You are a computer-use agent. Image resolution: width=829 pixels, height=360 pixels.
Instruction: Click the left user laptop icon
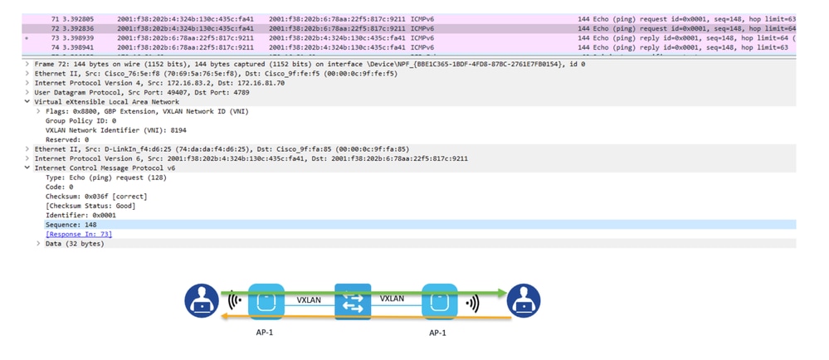tap(201, 301)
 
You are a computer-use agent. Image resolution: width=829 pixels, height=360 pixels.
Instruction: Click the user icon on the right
tap(524, 301)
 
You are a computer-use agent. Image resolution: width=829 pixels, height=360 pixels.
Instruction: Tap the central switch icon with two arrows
tap(353, 302)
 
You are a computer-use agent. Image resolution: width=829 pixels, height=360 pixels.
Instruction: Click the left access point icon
tap(266, 302)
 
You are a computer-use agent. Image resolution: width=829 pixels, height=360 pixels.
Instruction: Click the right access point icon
tap(439, 302)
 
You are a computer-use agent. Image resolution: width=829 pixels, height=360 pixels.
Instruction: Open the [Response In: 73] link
tap(79, 234)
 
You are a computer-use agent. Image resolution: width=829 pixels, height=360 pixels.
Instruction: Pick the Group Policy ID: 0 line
tap(80, 120)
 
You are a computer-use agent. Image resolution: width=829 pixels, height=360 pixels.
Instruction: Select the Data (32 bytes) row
tap(75, 244)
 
